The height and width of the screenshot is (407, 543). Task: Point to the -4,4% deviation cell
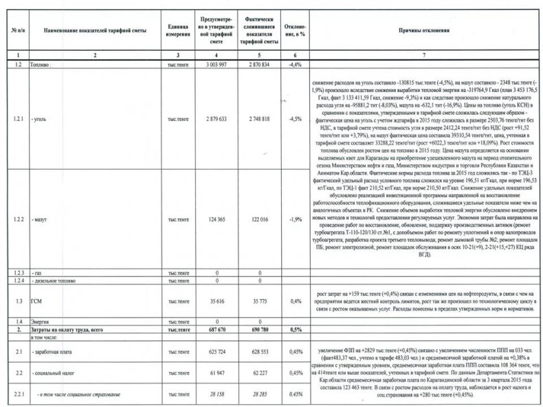click(296, 63)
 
